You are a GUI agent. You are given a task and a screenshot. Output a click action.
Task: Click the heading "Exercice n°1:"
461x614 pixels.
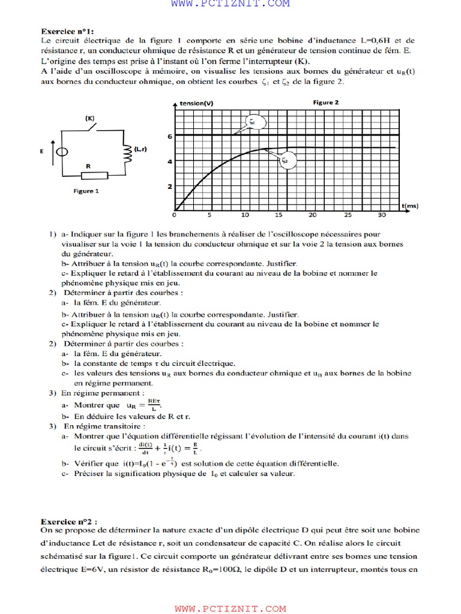click(67, 31)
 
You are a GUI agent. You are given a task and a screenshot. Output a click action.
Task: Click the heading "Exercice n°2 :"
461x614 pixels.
click(69, 521)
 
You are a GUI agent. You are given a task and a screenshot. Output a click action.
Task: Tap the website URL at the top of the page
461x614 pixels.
click(230, 4)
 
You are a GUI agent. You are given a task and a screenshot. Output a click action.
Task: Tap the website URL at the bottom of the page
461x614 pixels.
click(230, 609)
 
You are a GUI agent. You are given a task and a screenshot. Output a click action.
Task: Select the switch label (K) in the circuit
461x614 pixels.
click(90, 118)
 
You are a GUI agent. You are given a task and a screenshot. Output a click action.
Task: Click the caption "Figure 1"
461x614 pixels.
click(86, 191)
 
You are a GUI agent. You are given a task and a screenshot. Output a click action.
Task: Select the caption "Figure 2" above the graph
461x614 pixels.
click(326, 103)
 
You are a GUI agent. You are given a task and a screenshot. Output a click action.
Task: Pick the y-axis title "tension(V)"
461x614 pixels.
click(196, 103)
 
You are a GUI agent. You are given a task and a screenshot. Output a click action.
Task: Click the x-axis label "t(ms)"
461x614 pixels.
click(411, 206)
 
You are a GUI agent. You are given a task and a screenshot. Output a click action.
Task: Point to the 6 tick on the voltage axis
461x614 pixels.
click(170, 136)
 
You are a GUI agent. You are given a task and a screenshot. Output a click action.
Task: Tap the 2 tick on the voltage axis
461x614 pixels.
click(170, 186)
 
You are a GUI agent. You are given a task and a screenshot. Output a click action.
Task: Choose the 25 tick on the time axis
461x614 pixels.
click(348, 215)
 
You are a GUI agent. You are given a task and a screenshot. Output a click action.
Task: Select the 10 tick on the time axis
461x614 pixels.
click(245, 215)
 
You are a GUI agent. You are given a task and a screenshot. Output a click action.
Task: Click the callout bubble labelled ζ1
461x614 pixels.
click(252, 122)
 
